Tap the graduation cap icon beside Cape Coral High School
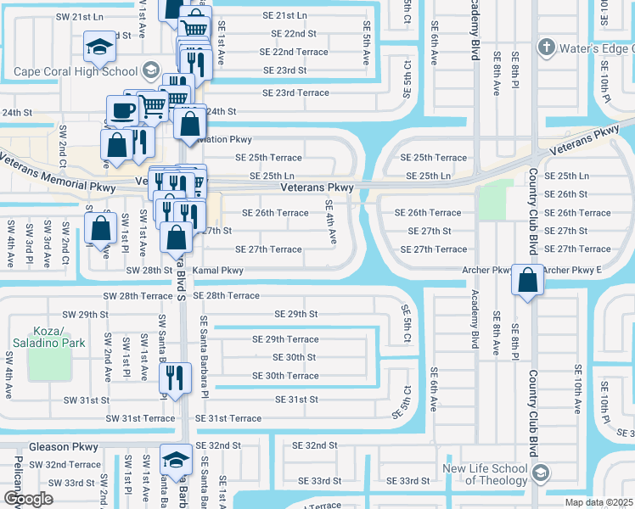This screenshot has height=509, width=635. tap(100, 48)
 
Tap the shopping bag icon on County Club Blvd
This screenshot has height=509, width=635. tap(528, 281)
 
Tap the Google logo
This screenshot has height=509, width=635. tap(28, 498)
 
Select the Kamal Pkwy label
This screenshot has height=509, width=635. tap(218, 271)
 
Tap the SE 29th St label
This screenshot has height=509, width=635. tap(295, 314)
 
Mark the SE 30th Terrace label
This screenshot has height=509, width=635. tap(285, 376)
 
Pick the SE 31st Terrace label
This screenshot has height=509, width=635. tap(228, 418)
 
